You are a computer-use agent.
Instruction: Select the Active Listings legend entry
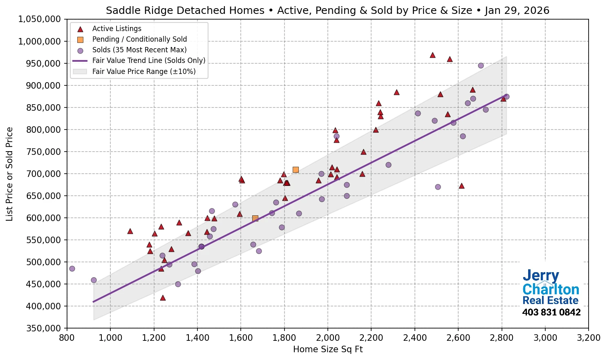[116, 29]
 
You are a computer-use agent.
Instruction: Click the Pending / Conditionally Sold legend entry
[139, 39]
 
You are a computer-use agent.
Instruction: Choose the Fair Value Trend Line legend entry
[148, 60]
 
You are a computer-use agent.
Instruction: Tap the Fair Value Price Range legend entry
[143, 72]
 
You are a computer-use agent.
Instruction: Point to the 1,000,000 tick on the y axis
[39, 41]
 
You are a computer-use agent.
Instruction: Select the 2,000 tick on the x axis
[328, 338]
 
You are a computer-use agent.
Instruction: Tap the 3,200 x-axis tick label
[589, 338]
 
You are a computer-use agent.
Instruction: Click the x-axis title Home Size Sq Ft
[328, 349]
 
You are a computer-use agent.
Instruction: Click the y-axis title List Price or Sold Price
[9, 174]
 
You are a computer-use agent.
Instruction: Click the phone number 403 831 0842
[551, 313]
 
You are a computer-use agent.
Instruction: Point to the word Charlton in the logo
[551, 289]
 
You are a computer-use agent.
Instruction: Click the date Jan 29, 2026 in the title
[517, 11]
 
